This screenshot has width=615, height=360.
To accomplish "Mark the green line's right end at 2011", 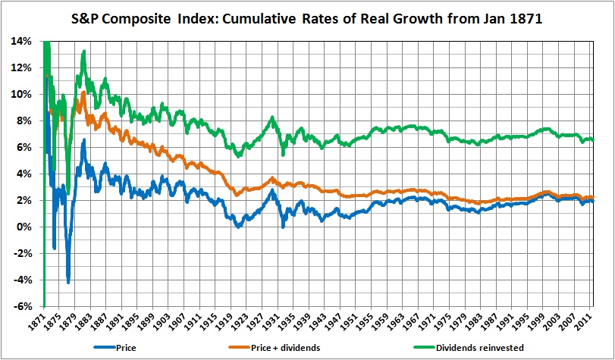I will click(592, 140).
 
